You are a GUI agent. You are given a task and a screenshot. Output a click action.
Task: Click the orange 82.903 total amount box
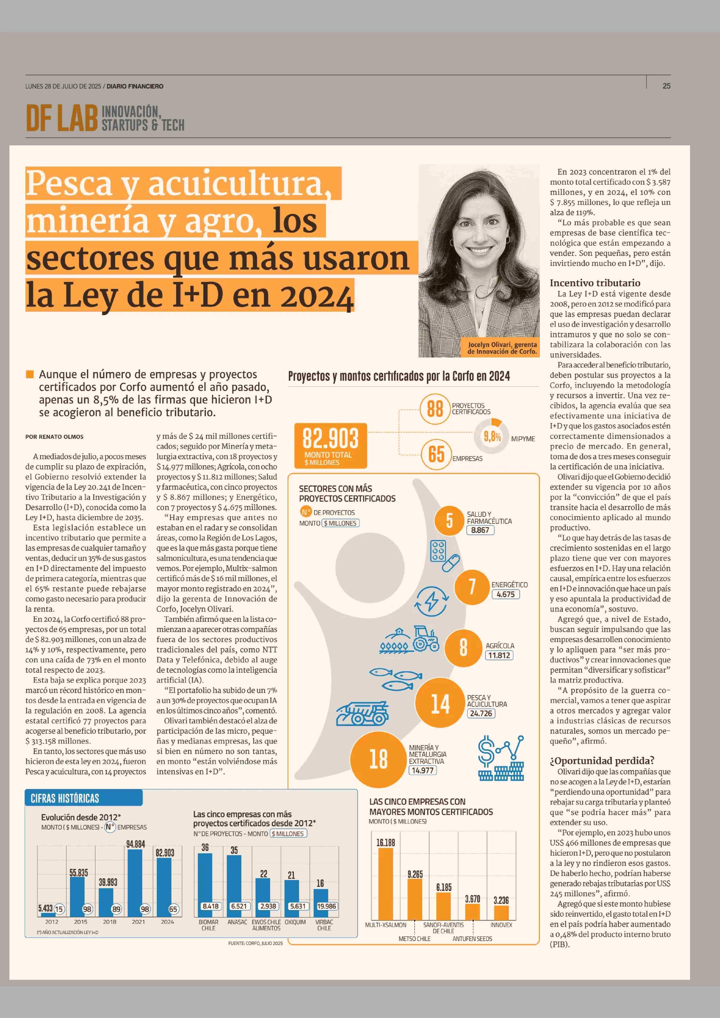(330, 445)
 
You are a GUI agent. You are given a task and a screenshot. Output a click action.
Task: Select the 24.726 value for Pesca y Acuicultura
(481, 713)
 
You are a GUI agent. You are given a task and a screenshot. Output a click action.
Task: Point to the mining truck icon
(362, 713)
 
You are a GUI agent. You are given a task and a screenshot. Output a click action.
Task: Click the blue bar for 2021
(135, 884)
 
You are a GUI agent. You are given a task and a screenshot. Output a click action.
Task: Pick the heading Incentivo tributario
(595, 283)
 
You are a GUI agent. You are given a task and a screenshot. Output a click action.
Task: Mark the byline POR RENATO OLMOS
(54, 437)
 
